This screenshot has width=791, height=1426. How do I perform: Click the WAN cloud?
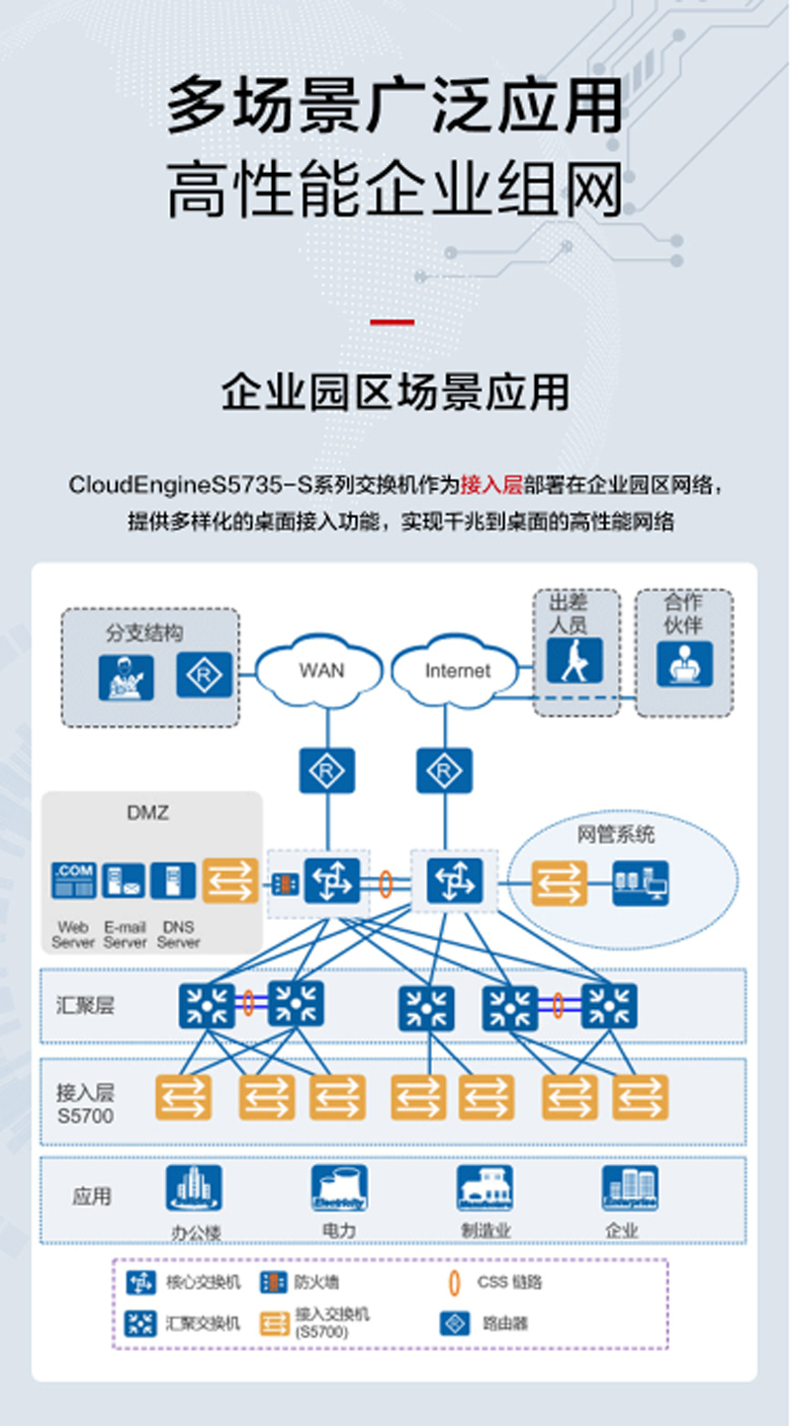coord(321,671)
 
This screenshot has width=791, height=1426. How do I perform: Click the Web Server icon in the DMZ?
coord(74,880)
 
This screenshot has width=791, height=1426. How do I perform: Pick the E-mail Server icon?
coord(124,880)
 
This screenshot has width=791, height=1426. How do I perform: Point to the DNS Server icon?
coord(174,880)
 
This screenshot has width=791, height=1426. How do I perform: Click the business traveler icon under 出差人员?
coord(574,662)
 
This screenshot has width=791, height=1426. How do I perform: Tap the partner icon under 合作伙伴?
coord(684,663)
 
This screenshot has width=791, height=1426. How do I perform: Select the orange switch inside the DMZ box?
coord(229,880)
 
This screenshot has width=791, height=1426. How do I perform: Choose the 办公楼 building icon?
coord(193,1188)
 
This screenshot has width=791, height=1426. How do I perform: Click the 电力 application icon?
coord(339,1188)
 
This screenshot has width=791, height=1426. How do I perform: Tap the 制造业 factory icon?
coord(484,1188)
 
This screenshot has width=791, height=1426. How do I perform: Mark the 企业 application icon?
coord(630,1188)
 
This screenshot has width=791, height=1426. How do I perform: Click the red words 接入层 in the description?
coord(491,485)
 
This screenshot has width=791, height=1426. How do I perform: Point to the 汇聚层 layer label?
coord(85,1006)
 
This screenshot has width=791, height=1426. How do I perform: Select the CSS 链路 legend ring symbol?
coord(454,1283)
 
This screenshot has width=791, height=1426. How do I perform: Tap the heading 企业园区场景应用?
coord(395,391)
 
